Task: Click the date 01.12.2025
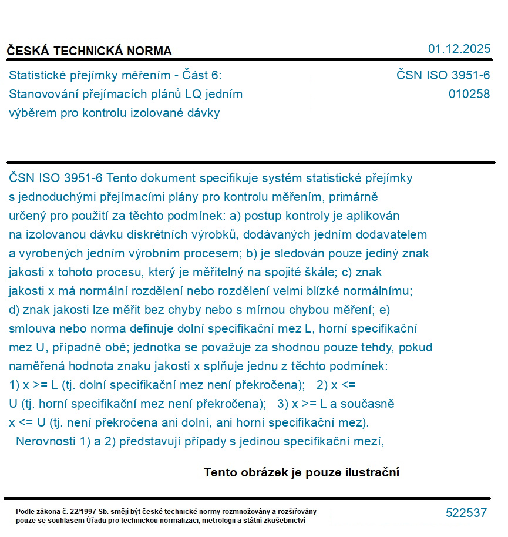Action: (459, 49)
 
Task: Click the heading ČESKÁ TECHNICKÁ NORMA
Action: (89, 51)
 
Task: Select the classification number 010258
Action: (469, 93)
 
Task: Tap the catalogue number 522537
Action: (466, 513)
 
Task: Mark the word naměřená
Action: (36, 366)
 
